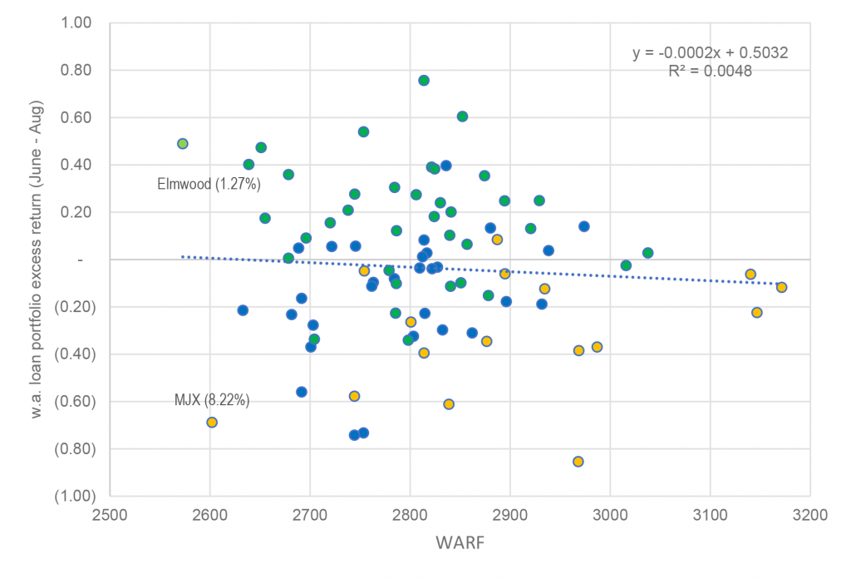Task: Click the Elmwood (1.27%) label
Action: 206,184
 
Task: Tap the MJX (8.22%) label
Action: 212,400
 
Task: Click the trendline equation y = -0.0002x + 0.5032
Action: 710,53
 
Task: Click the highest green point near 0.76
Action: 424,81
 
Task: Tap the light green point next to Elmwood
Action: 183,144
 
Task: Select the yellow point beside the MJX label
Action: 212,423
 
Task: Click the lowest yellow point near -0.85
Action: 578,462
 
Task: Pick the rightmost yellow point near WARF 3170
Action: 781,288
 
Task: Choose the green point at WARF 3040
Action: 648,253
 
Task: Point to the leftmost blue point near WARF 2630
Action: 243,310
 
